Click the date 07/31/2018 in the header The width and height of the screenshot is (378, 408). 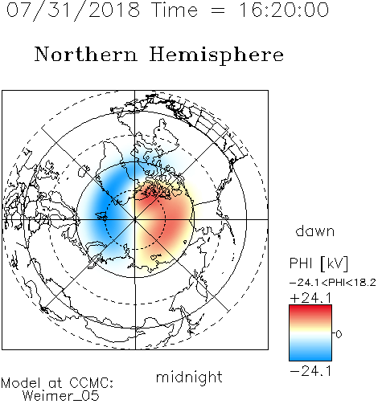click(x=73, y=10)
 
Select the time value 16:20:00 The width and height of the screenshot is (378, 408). click(x=284, y=10)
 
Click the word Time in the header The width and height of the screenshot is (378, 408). click(x=175, y=10)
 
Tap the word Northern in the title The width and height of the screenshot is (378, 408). click(x=86, y=55)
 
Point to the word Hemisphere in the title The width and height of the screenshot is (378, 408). click(x=216, y=55)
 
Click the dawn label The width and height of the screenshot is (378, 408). click(x=315, y=231)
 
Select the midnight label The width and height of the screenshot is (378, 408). click(x=189, y=377)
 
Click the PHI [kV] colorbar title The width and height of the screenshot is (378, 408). click(x=318, y=263)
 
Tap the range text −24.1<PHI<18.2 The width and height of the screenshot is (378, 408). click(x=333, y=283)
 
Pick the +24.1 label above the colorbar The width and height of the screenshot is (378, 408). click(x=310, y=298)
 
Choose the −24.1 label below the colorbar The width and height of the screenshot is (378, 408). click(x=310, y=371)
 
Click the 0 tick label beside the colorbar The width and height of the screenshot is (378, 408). click(x=339, y=334)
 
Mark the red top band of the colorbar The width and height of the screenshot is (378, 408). click(x=310, y=311)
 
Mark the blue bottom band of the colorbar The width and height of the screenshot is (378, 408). click(x=310, y=355)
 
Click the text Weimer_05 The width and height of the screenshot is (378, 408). click(x=61, y=396)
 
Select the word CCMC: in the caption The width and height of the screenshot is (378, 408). click(x=92, y=383)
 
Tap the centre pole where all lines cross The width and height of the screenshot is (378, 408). click(x=135, y=219)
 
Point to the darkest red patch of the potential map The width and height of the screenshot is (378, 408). click(x=147, y=194)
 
